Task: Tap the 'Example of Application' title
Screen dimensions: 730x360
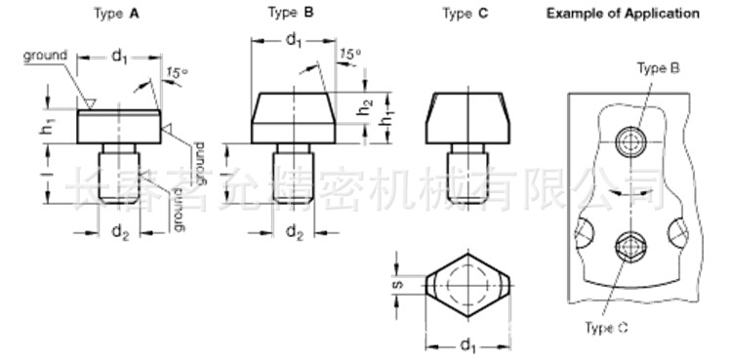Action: [623, 14]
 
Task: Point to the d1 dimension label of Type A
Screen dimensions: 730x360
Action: [119, 57]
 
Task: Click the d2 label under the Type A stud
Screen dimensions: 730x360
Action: [119, 232]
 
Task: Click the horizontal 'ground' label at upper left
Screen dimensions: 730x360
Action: [45, 56]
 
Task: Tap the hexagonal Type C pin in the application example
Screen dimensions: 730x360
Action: [628, 248]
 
